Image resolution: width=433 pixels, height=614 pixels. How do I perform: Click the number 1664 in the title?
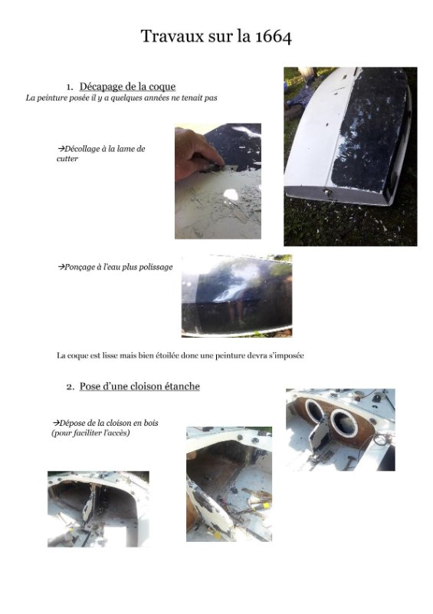point(274,36)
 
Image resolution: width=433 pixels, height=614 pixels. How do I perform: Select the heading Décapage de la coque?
point(127,87)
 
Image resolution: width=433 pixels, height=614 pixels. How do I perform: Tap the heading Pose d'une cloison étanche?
point(139,386)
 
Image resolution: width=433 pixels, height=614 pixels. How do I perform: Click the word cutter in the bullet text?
point(67,159)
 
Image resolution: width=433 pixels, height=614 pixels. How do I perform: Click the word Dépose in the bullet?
point(72,423)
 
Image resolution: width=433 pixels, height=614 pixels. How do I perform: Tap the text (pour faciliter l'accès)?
point(90,433)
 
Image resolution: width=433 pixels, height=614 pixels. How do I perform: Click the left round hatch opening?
point(315,411)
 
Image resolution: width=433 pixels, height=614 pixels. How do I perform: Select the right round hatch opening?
point(344,423)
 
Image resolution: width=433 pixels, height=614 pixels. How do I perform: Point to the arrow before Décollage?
point(61,149)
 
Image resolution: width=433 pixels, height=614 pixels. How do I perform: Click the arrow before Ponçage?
point(61,267)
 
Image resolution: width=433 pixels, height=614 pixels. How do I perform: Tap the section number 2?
point(70,387)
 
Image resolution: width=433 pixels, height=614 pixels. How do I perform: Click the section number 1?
point(70,87)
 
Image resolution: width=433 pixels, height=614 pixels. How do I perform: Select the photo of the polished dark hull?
point(237,295)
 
